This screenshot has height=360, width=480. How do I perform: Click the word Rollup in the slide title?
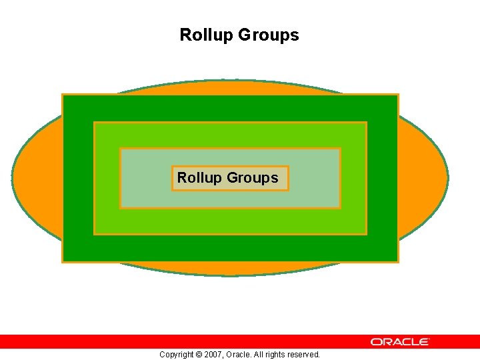click(203, 35)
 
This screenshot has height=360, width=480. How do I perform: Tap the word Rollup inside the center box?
click(199, 178)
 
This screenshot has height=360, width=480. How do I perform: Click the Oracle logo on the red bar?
click(400, 342)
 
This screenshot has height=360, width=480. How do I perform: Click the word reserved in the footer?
click(303, 355)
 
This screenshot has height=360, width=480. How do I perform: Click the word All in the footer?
click(260, 355)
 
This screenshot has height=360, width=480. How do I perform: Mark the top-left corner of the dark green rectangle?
click(63, 95)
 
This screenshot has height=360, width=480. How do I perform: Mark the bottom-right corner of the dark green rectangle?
click(397, 261)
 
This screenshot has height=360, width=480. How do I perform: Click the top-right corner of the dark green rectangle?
click(397, 95)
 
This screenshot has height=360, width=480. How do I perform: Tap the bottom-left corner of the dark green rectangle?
click(63, 261)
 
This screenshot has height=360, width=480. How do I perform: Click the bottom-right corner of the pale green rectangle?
click(339, 207)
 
